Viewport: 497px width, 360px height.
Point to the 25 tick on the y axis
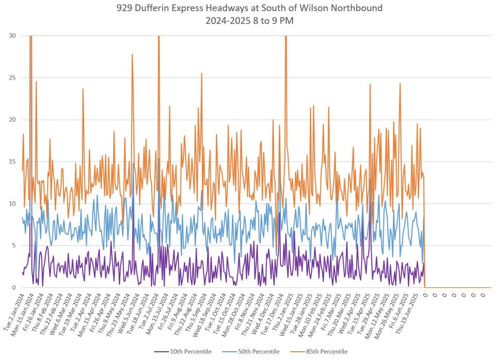[x=12, y=78]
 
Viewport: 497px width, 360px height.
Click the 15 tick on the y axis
[x=12, y=162]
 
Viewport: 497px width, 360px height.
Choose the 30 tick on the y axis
[x=12, y=35]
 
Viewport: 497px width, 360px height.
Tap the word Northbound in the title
[x=359, y=8]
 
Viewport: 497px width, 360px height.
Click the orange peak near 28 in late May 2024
[x=132, y=54]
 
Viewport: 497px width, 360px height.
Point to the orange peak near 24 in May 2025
[x=400, y=83]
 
